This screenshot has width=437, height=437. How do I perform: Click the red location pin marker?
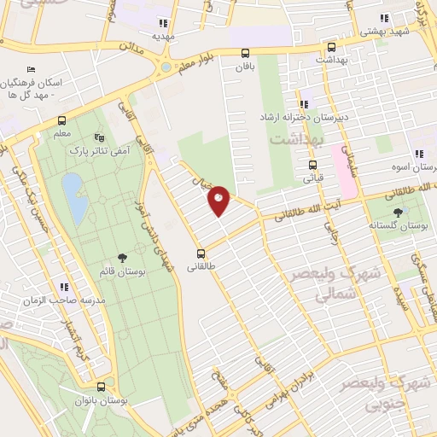pos(219,200)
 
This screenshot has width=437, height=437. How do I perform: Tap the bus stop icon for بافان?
pos(246,52)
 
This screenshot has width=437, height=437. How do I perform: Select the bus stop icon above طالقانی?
pos(201,253)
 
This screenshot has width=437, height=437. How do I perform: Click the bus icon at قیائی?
pos(312,165)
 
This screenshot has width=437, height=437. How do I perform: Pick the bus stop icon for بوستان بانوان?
pos(101,386)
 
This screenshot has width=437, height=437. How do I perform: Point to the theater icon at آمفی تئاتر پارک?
pos(100,137)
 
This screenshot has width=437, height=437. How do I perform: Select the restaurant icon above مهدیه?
pos(163,23)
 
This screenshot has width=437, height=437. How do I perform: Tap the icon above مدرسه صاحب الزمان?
pos(64,287)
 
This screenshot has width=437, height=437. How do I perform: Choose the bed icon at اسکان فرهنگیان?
pos(32,69)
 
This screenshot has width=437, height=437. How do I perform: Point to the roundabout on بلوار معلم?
pos(166,67)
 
